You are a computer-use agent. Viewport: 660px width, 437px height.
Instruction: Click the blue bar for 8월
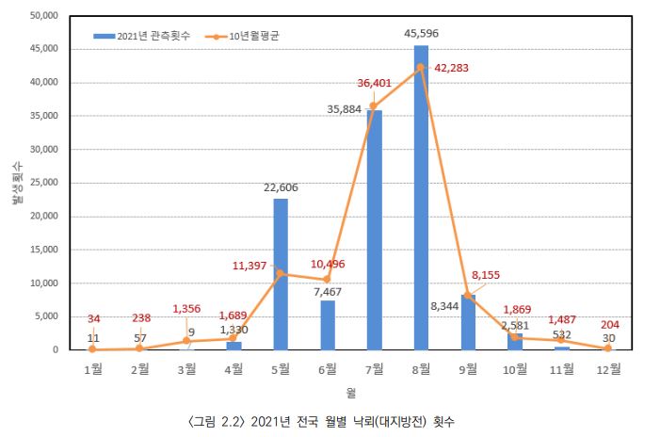click(421, 198)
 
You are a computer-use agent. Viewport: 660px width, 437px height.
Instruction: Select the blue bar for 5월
click(281, 274)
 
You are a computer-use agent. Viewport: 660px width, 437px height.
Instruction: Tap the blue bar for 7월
click(374, 230)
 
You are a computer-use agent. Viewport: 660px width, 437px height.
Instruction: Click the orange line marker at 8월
click(421, 67)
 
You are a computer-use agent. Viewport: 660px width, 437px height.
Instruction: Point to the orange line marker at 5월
click(281, 273)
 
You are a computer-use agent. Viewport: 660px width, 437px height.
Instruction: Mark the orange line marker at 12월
click(607, 348)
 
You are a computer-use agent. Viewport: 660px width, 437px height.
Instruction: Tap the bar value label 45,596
click(421, 34)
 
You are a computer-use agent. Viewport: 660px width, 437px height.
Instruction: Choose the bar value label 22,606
click(281, 187)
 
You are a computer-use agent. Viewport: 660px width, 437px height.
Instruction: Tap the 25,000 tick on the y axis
click(45, 183)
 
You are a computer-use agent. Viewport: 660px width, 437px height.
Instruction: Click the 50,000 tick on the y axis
click(45, 16)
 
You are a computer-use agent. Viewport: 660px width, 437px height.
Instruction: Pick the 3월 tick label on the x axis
click(187, 368)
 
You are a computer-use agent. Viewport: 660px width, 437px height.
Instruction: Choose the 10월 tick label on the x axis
click(514, 368)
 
